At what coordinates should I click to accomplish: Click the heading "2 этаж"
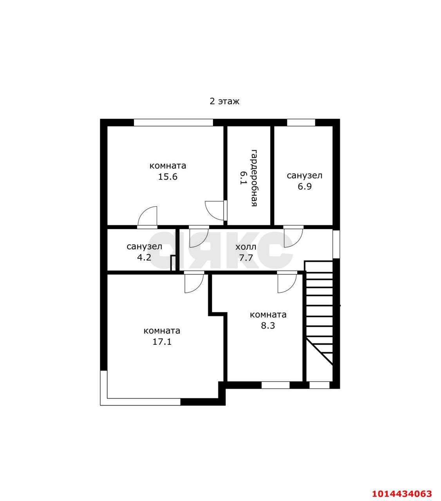pyautogui.click(x=224, y=101)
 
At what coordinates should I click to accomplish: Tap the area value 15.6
pyautogui.click(x=168, y=177)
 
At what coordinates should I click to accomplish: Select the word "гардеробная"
pyautogui.click(x=254, y=178)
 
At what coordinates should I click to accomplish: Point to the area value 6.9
pyautogui.click(x=304, y=186)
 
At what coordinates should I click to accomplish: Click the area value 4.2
pyautogui.click(x=144, y=258)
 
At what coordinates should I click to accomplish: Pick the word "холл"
pyautogui.click(x=246, y=247)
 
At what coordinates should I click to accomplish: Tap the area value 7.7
pyautogui.click(x=246, y=258)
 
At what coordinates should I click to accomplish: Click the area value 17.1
pyautogui.click(x=162, y=342)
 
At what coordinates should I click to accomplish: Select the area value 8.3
pyautogui.click(x=268, y=325)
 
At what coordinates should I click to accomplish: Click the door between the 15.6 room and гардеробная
pyautogui.click(x=216, y=210)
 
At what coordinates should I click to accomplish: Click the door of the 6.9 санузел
pyautogui.click(x=293, y=236)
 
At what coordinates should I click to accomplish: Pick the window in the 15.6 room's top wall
pyautogui.click(x=174, y=123)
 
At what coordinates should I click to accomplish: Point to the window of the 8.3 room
pyautogui.click(x=275, y=385)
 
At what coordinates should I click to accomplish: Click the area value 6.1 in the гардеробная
pyautogui.click(x=243, y=178)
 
